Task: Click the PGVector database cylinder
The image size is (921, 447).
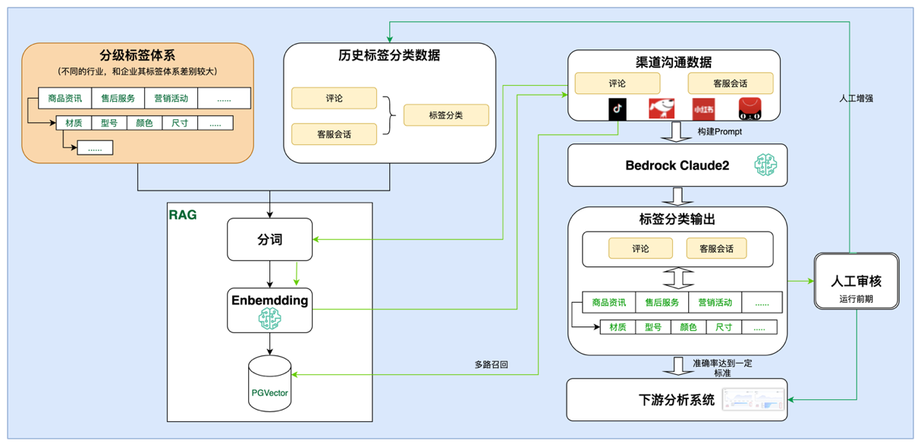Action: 269,385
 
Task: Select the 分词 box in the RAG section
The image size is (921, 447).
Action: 269,240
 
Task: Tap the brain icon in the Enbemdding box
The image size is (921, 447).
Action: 269,320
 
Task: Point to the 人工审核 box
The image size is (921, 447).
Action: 856,282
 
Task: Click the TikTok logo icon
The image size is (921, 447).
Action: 618,109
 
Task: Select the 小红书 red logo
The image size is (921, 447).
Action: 703,109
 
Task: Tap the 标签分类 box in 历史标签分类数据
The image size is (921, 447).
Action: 446,115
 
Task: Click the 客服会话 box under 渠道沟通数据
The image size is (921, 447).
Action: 730,83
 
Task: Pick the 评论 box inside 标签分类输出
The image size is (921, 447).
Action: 640,248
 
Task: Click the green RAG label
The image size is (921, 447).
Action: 183,216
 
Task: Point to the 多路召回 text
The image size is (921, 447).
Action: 491,365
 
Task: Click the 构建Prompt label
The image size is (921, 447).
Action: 719,132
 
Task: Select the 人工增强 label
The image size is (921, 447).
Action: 856,99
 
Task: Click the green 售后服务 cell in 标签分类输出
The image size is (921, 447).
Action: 662,302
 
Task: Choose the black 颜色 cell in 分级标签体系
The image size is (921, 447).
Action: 144,123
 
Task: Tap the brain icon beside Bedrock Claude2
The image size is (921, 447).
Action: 765,165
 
